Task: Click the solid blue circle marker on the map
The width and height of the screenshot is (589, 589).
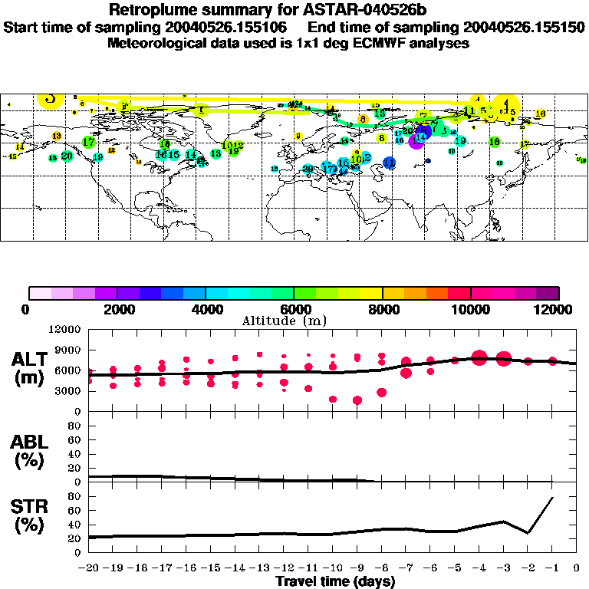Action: click(x=390, y=162)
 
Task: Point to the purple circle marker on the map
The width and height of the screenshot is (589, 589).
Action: click(x=417, y=141)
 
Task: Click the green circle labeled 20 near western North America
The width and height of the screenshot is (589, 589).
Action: click(x=67, y=156)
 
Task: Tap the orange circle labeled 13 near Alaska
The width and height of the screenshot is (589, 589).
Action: click(x=56, y=136)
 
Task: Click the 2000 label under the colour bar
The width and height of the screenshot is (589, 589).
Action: click(x=117, y=309)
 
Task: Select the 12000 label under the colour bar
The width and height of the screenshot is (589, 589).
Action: click(x=558, y=309)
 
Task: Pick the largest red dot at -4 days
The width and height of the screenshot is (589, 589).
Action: click(x=479, y=357)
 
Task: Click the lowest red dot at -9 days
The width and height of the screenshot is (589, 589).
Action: click(x=357, y=400)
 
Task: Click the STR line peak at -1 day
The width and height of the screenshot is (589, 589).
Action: click(x=552, y=498)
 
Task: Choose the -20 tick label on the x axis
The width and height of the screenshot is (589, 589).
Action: click(x=89, y=568)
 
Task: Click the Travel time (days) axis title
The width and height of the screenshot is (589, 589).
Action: click(x=335, y=581)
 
